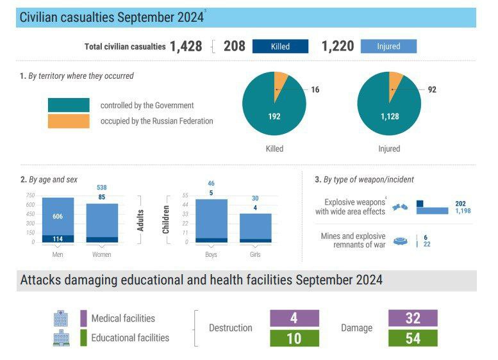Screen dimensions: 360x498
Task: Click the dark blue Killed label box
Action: (280, 46)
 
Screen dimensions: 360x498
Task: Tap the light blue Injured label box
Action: (388, 46)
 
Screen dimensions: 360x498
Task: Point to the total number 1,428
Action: (186, 46)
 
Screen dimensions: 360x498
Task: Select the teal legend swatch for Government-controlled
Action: (69, 105)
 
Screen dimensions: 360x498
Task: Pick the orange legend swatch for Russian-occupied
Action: (69, 121)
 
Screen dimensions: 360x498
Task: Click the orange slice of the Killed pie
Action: (280, 82)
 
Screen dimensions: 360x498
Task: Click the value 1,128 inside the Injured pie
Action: (389, 117)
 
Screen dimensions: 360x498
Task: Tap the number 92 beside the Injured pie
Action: (432, 90)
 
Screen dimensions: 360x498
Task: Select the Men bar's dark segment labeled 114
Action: (58, 239)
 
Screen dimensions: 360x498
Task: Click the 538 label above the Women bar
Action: (101, 188)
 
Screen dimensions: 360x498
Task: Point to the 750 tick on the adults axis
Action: (30, 195)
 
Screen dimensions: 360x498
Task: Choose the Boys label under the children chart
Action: (211, 254)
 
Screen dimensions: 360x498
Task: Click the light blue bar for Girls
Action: (255, 225)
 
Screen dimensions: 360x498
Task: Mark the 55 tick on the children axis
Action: (185, 195)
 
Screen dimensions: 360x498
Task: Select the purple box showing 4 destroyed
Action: (294, 318)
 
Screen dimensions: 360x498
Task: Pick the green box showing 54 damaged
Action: (413, 338)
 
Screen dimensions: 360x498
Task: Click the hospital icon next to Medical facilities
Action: (62, 318)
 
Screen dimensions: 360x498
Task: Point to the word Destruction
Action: (231, 328)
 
